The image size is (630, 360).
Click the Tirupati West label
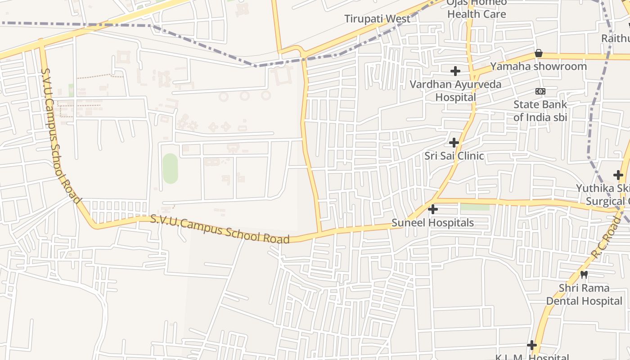tap(377, 19)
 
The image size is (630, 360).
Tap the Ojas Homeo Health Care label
tap(476, 8)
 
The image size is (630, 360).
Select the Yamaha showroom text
tap(538, 67)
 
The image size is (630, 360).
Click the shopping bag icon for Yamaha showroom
tap(538, 54)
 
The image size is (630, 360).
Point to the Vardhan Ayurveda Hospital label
tap(455, 90)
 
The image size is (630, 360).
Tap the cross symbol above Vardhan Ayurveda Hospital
tap(455, 71)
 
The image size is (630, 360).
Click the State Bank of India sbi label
tap(540, 111)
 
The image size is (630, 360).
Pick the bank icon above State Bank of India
tap(540, 91)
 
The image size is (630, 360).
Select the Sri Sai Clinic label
tap(454, 156)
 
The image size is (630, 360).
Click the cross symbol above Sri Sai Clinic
tap(454, 143)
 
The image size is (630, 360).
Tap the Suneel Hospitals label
tap(432, 223)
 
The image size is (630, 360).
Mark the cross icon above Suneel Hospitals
tap(433, 209)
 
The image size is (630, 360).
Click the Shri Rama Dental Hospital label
tap(584, 294)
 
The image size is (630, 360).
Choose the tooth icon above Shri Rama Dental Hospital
tap(584, 274)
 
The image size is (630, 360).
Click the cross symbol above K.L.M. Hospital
tap(532, 345)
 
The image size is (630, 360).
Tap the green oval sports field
tap(170, 168)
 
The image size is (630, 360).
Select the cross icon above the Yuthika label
tap(618, 175)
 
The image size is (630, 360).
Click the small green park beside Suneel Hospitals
tap(474, 207)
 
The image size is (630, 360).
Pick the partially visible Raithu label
tap(616, 39)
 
